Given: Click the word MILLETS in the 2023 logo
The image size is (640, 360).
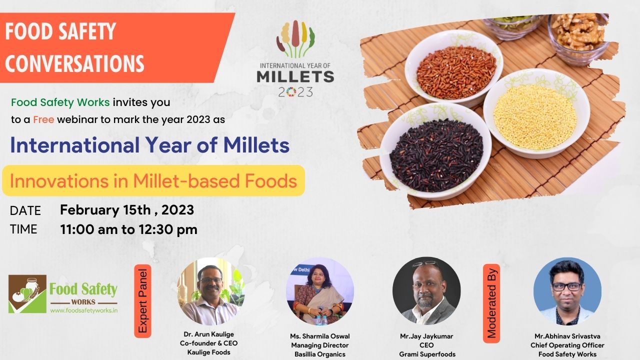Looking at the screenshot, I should click(295, 76).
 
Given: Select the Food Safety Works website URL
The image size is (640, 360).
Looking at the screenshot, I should click(84, 310).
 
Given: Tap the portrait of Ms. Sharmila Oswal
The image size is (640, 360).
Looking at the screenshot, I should click(319, 291).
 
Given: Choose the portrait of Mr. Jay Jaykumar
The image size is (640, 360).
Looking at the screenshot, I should click(426, 291).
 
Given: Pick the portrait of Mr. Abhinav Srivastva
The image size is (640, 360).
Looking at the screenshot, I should click(567, 291).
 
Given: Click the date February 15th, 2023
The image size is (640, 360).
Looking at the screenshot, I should click(127, 210).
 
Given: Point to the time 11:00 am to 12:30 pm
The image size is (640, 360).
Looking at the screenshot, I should click(128, 229).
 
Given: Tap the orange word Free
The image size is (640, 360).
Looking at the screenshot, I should click(43, 119).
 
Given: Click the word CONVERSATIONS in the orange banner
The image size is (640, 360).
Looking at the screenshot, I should click(74, 63).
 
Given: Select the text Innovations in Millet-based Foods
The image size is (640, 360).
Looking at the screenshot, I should click(153, 181).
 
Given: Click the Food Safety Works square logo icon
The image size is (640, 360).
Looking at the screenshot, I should click(27, 294).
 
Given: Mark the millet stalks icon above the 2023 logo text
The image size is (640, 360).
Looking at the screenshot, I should click(295, 40).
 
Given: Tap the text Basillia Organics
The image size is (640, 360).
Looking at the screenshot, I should click(319, 354).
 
